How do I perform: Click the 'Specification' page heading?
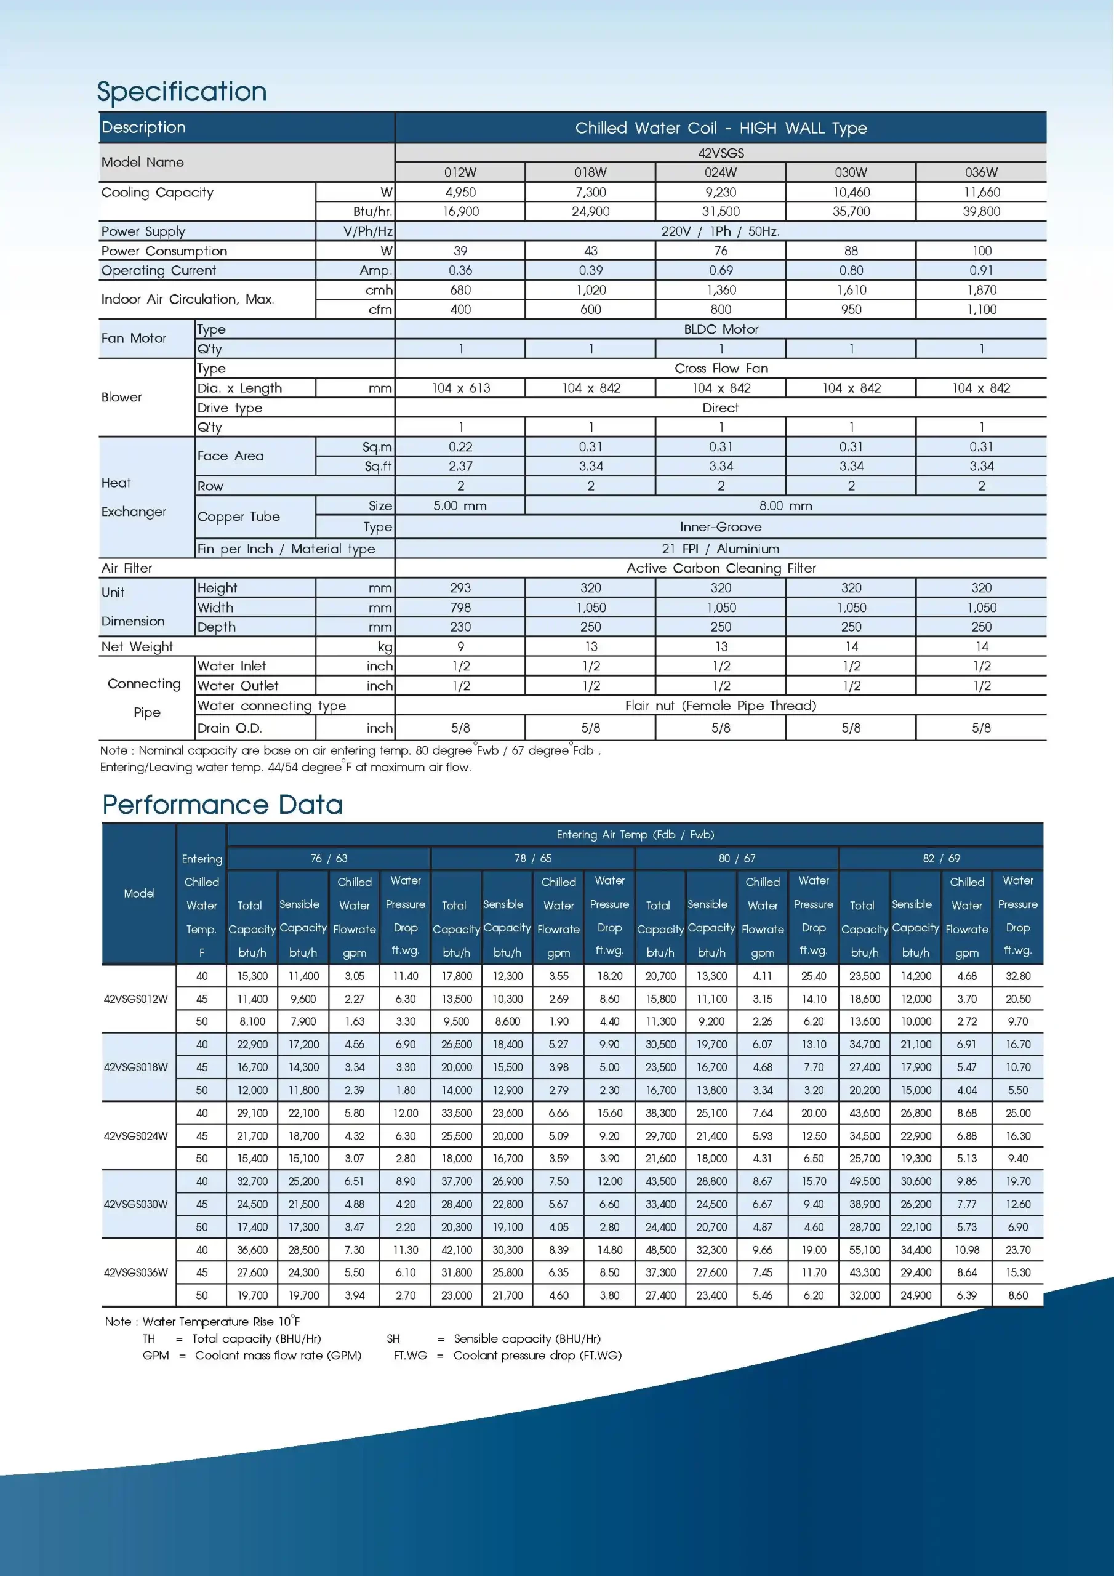pos(182,91)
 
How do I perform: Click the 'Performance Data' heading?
pos(222,805)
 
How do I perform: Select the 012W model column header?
pos(460,172)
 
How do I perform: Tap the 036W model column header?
pos(981,172)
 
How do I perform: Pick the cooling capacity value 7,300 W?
pos(590,192)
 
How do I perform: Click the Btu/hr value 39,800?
pos(981,211)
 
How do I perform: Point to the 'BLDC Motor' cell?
pos(721,329)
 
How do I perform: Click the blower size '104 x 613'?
pos(460,388)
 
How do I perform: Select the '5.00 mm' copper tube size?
pos(460,506)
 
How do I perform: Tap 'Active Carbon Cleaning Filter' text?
pos(721,568)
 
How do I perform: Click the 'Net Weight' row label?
pos(137,646)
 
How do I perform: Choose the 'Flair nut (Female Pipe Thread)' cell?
pos(721,706)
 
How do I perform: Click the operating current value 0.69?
pos(721,270)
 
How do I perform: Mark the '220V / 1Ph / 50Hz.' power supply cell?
pos(721,231)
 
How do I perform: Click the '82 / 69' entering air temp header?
pos(941,858)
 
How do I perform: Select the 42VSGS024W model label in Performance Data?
pos(136,1135)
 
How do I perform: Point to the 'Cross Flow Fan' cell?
pos(721,369)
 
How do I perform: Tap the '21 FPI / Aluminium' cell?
pos(721,549)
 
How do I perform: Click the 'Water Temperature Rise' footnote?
pos(202,1321)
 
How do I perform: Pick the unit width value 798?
pos(460,608)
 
